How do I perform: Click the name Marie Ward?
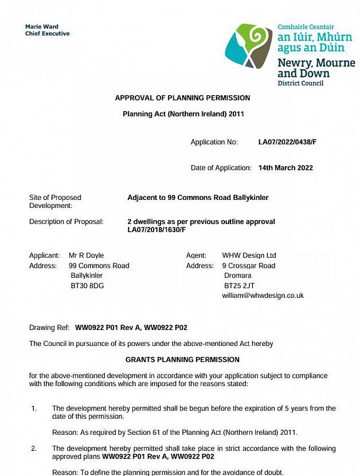coord(42,26)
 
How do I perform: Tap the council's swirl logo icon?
coord(248,45)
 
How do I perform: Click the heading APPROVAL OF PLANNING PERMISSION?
coord(182,98)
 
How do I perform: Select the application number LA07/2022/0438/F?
coord(287,142)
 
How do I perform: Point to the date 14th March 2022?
coord(285,168)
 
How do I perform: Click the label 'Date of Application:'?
coord(221,168)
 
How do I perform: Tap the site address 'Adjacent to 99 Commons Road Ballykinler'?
coord(197,198)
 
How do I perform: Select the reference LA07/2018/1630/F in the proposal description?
coord(156,230)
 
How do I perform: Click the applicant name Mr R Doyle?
coord(86,256)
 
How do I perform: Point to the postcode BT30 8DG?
coord(87,286)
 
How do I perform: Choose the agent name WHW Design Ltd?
coord(249,256)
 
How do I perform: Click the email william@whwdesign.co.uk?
coord(263,296)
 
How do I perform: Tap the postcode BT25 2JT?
coord(239,286)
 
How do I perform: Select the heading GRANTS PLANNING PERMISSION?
coord(182,360)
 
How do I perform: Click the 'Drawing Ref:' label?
coord(50,328)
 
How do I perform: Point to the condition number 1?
coord(34,409)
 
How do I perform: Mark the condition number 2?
coord(34,448)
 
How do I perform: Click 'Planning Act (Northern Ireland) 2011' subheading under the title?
coord(183,114)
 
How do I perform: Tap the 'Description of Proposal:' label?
coord(66,222)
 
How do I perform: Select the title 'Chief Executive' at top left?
coord(47,34)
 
